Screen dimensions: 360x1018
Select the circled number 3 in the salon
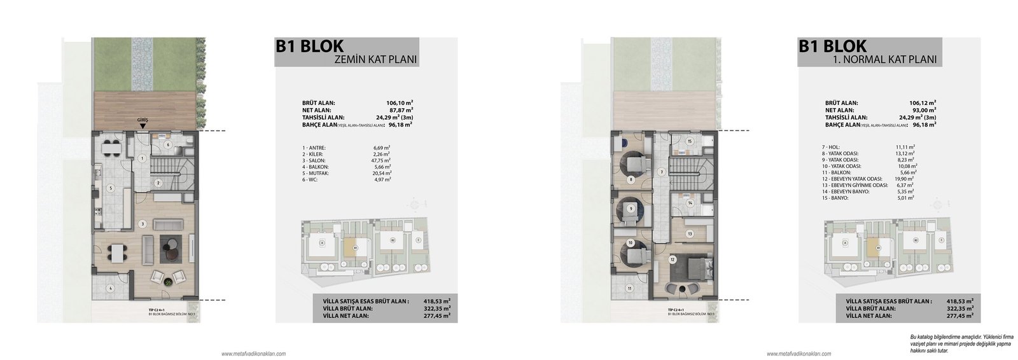point(143,223)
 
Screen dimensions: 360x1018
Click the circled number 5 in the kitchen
point(110,188)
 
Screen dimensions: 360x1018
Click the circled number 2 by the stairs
point(158,183)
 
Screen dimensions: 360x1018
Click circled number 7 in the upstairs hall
point(661,172)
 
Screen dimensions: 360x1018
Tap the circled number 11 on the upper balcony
point(630,288)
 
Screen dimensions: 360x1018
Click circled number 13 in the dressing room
point(689,234)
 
